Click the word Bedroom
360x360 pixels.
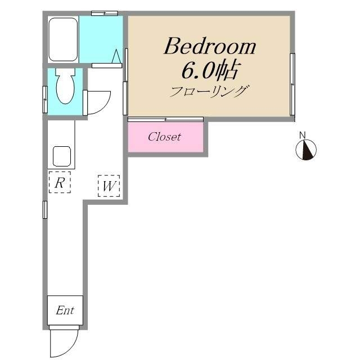(x=210, y=46)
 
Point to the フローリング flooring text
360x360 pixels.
(x=209, y=91)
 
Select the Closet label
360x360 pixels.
(x=164, y=137)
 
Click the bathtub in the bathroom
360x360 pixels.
(x=63, y=39)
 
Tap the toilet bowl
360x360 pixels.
(x=65, y=86)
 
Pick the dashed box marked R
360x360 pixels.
(x=60, y=182)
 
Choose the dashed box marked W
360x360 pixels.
(x=109, y=186)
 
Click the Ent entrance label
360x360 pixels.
(x=65, y=310)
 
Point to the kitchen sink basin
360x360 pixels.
(x=62, y=156)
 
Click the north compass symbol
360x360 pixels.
(x=306, y=150)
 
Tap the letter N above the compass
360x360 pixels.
(x=303, y=135)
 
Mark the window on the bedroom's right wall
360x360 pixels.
(x=292, y=84)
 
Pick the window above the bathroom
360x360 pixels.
(x=105, y=13)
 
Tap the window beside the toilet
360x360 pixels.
(x=45, y=100)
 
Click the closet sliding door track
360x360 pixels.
(x=165, y=119)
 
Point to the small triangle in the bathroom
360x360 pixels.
(x=116, y=56)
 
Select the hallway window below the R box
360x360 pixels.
(x=45, y=210)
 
